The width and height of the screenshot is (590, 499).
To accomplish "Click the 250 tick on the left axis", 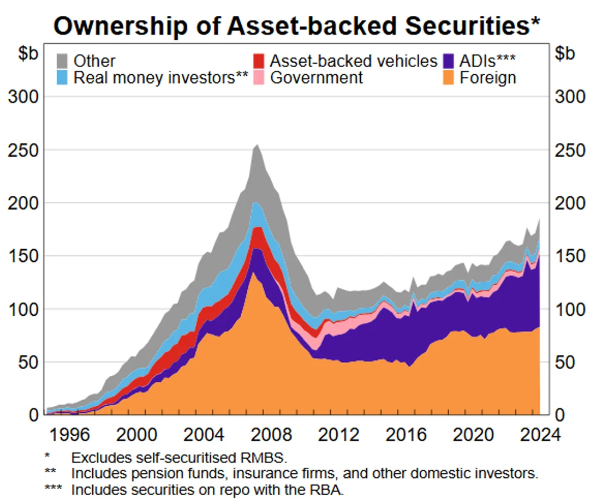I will click(x=24, y=150).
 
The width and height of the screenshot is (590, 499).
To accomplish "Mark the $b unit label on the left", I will click(x=22, y=54).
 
